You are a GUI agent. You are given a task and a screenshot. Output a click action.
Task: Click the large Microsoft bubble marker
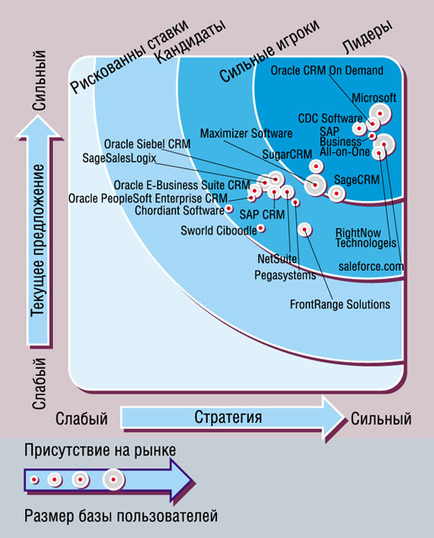(x=380, y=113)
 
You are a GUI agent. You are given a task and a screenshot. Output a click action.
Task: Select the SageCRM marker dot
(x=336, y=193)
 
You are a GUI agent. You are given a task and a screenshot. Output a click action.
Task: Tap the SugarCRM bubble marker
(x=316, y=166)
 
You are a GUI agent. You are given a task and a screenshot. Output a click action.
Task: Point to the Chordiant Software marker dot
(x=229, y=208)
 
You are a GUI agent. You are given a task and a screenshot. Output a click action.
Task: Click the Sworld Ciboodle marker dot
(x=261, y=228)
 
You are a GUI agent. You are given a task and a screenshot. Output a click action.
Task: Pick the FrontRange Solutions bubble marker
(x=304, y=229)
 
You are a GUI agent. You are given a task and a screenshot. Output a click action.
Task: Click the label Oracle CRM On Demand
(x=327, y=71)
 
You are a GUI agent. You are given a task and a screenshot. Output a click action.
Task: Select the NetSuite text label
(x=277, y=258)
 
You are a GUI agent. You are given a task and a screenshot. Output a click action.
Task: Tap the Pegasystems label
(x=285, y=275)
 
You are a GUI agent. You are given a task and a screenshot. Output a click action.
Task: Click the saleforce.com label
(x=371, y=266)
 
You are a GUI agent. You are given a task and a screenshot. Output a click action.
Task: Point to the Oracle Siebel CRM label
(x=147, y=144)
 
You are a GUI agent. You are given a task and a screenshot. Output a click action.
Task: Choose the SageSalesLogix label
(x=119, y=158)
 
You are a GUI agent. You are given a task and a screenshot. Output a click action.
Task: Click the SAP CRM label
(x=262, y=214)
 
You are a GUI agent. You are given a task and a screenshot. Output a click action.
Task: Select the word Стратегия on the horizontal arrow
(x=228, y=417)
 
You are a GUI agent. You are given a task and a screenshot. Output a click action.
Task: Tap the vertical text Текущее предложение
(x=37, y=240)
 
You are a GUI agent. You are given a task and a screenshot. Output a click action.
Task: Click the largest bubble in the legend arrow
(x=114, y=479)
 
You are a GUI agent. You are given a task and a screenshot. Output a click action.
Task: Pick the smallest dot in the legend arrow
(x=34, y=479)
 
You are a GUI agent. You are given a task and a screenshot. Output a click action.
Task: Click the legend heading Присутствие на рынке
(x=100, y=451)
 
